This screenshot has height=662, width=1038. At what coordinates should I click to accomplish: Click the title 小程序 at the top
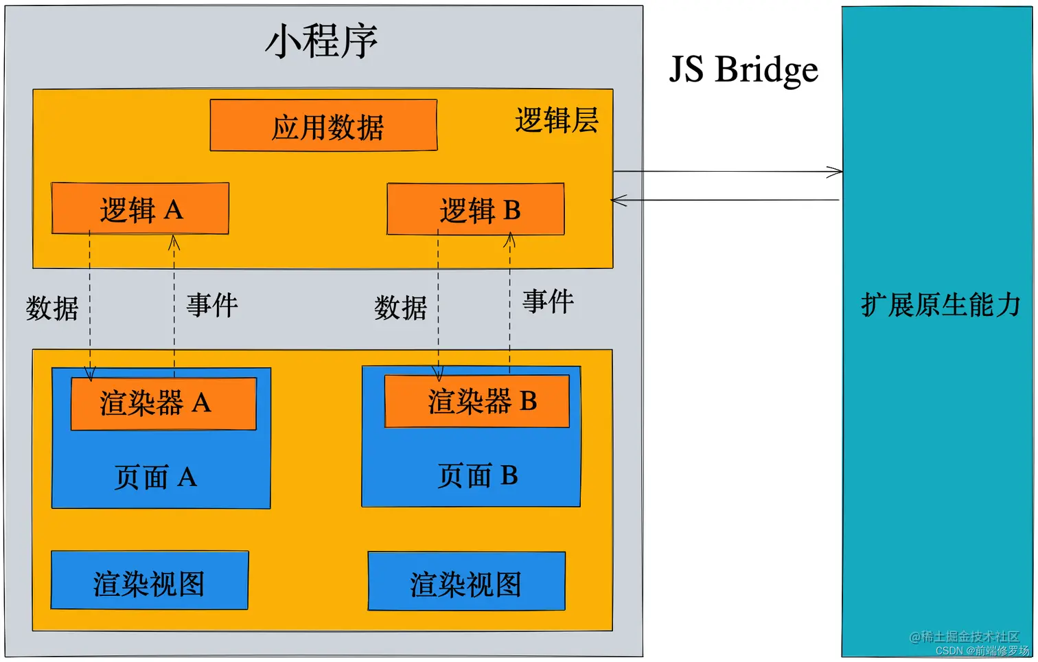click(321, 41)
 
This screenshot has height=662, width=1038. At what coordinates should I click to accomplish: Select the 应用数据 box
click(323, 126)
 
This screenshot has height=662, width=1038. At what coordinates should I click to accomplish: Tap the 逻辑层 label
click(556, 121)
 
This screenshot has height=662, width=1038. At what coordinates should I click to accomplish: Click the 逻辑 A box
click(140, 209)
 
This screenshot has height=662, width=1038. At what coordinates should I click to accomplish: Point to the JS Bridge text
click(743, 69)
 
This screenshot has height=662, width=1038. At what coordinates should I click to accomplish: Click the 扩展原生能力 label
click(941, 304)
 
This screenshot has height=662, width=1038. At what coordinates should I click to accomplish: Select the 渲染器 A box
click(163, 403)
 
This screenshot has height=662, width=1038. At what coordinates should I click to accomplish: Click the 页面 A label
click(156, 477)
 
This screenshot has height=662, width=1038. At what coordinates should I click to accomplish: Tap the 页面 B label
click(477, 475)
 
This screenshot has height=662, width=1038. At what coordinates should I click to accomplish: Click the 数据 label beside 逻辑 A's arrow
click(52, 308)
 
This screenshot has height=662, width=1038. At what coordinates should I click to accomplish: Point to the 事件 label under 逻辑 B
click(548, 301)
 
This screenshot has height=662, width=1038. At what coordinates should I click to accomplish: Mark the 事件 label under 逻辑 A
click(212, 305)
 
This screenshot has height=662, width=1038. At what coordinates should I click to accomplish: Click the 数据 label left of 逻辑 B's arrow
click(400, 308)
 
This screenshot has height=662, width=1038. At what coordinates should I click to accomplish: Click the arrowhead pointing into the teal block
click(835, 172)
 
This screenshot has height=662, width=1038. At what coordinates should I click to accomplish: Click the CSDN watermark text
click(982, 650)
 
